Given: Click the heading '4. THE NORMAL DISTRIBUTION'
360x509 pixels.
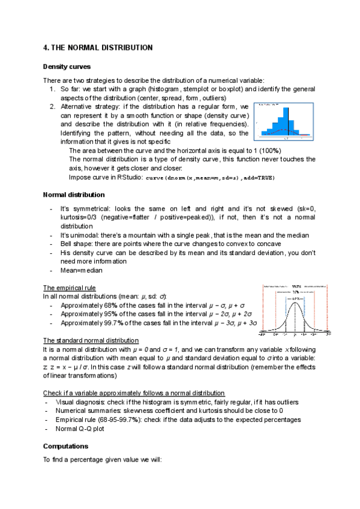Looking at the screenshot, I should [x=98, y=47].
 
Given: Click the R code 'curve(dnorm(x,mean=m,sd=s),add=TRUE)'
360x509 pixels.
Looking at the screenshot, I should [x=211, y=178].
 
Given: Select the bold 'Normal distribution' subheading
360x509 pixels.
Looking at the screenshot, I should [x=74, y=194].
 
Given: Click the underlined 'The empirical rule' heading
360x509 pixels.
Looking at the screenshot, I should [x=70, y=288].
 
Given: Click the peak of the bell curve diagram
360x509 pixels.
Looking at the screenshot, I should [x=295, y=302].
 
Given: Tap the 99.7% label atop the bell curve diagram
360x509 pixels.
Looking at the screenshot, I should [x=296, y=286].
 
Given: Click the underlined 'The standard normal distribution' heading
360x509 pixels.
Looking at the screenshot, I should [x=91, y=340].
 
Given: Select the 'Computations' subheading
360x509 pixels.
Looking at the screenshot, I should [x=66, y=447].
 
